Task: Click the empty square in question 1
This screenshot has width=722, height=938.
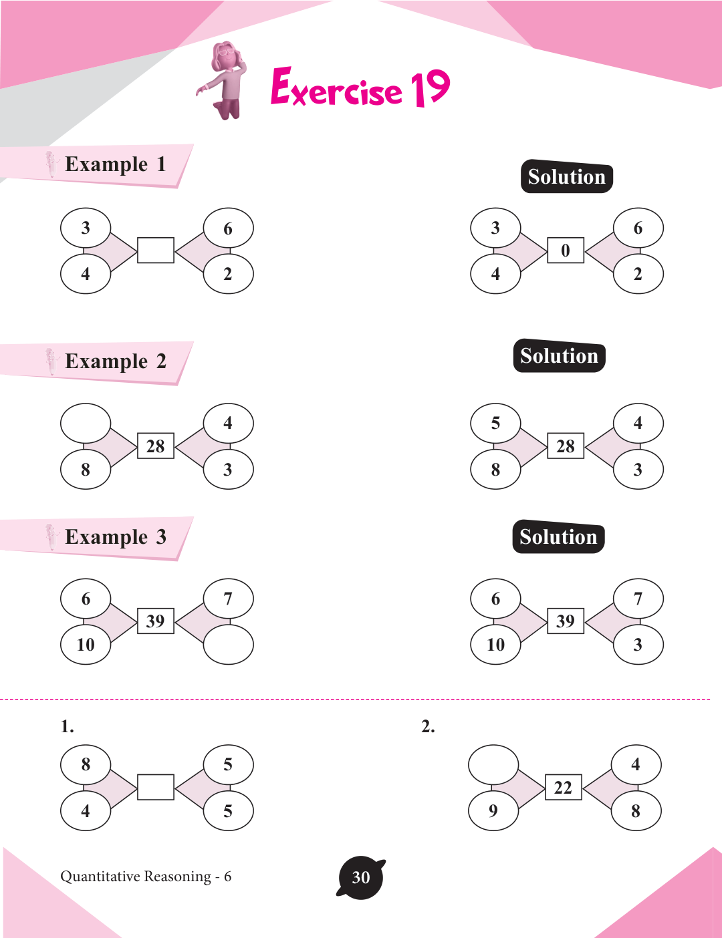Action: [156, 787]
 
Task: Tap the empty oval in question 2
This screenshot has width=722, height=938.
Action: [493, 765]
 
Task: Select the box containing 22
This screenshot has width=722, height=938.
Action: [563, 788]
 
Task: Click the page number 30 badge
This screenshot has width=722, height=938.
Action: [361, 877]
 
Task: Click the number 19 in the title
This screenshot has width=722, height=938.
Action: [431, 88]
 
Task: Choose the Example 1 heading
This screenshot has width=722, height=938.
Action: [115, 164]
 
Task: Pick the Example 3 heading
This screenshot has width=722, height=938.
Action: [115, 537]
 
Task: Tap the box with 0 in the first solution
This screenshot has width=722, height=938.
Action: [566, 251]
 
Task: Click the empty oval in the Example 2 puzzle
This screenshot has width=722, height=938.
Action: [86, 423]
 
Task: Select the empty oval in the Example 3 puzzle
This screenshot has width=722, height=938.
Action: [229, 645]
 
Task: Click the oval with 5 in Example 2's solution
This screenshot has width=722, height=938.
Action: [495, 423]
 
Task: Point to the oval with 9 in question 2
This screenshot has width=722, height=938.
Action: [493, 810]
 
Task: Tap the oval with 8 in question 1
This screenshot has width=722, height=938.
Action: [86, 764]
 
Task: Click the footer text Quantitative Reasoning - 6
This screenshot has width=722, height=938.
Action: [146, 877]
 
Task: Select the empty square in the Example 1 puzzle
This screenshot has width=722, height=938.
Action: [156, 251]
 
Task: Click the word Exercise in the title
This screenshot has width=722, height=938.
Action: [336, 89]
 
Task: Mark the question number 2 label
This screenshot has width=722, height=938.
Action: [428, 727]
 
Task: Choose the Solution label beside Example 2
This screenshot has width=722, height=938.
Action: [559, 356]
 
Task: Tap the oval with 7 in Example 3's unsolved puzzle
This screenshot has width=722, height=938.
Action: [229, 599]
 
